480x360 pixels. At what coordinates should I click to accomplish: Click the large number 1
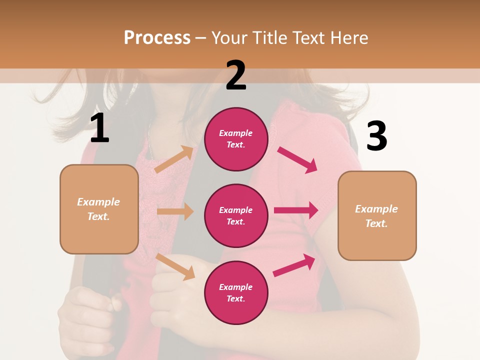99,128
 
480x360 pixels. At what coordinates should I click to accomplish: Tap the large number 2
236,75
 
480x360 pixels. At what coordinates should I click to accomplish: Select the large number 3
376,136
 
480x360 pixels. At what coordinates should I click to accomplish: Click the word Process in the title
157,37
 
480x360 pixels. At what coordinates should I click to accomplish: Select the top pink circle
236,139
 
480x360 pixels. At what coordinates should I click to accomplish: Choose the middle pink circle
236,215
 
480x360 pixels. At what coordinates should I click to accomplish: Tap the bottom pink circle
236,292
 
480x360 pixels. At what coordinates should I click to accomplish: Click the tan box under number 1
99,209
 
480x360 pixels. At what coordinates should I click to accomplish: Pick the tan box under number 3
377,215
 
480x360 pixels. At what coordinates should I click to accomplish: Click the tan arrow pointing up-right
174,159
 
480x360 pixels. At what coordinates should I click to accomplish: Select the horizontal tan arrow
175,211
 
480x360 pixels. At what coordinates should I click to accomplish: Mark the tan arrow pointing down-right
175,266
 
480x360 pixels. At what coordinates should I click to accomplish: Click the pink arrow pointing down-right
297,160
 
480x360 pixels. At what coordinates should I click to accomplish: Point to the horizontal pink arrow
295,210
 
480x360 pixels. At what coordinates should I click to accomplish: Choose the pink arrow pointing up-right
294,265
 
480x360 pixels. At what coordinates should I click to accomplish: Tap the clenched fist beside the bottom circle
170,285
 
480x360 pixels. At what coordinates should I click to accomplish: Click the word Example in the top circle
236,133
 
